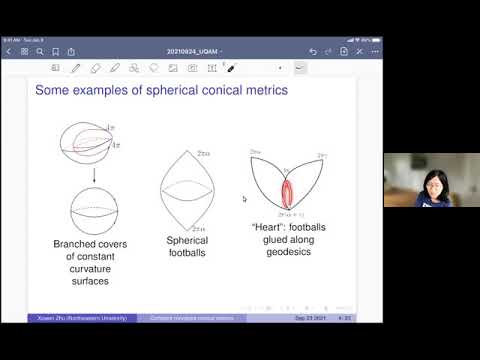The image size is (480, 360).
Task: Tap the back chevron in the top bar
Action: coord(9,50)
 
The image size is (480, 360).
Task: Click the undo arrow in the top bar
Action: coord(313,50)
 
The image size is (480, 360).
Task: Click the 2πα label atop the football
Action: coord(204,152)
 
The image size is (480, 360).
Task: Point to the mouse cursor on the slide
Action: coord(244,199)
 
